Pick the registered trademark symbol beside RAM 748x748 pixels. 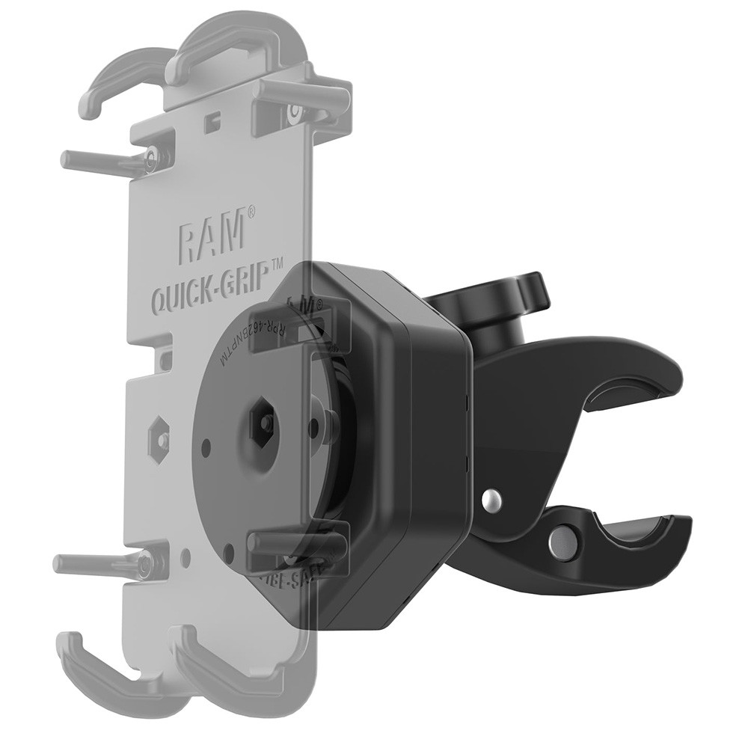252,212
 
